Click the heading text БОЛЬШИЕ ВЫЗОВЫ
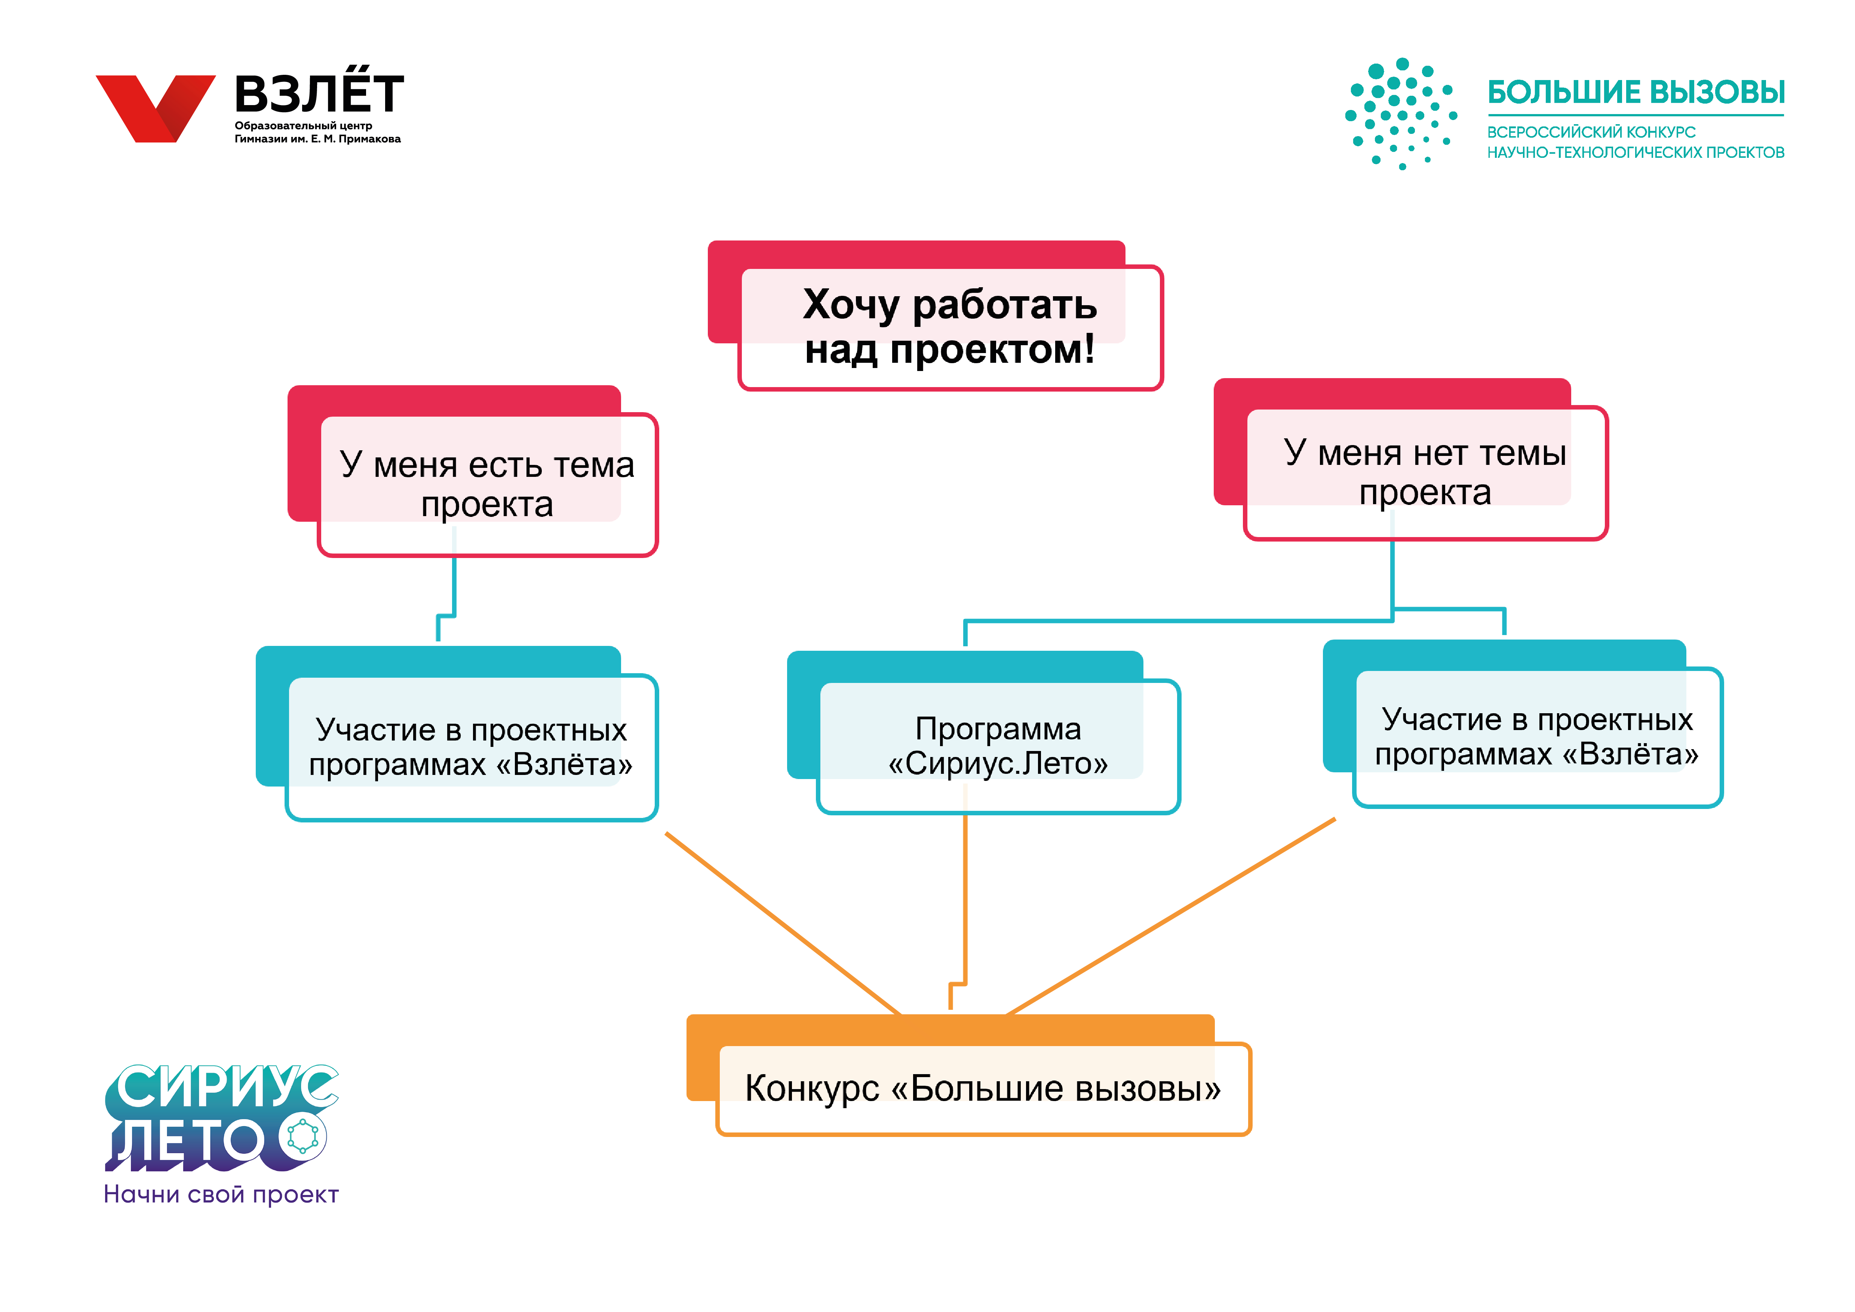click(x=1636, y=92)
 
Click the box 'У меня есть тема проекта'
click(x=473, y=471)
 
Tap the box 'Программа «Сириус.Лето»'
click(x=983, y=732)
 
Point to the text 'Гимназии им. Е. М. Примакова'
click(x=317, y=139)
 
